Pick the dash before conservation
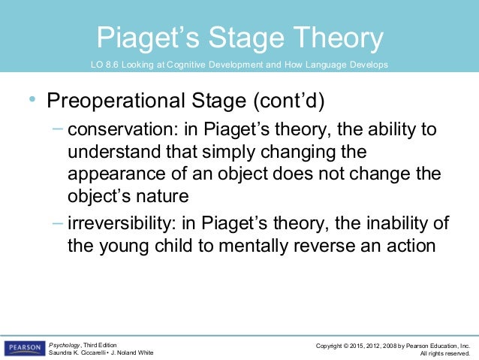[x=59, y=129]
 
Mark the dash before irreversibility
[x=59, y=222]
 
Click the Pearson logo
[x=25, y=348]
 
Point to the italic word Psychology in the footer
[x=65, y=344]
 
